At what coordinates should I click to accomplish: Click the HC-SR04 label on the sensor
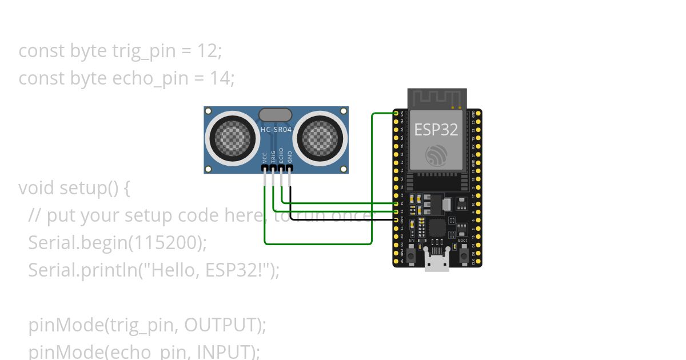(x=276, y=130)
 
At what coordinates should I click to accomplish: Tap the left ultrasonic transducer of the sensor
(x=232, y=137)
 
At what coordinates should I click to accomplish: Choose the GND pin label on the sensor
(x=290, y=157)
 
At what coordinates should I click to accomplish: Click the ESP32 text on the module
(x=436, y=130)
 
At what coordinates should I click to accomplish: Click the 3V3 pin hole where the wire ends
(x=396, y=114)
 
